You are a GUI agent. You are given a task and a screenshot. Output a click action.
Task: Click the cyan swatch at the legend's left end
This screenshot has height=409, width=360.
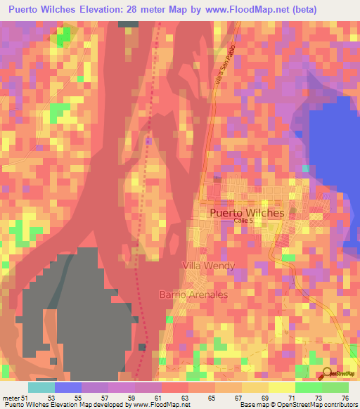click(x=41, y=387)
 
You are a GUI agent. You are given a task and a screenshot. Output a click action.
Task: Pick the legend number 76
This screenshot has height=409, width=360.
click(x=345, y=398)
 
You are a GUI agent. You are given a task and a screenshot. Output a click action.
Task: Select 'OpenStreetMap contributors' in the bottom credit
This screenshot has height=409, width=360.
click(x=320, y=405)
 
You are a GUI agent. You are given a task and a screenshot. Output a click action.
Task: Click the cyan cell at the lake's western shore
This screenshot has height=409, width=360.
click(x=305, y=169)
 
